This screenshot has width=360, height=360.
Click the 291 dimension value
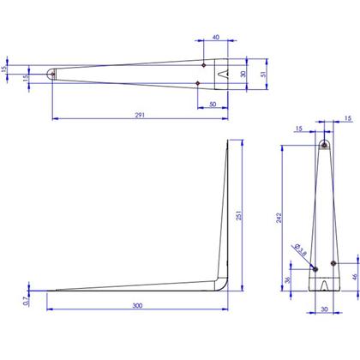[140, 115]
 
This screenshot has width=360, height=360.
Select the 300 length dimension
[137, 306]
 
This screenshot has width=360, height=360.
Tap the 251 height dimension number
[239, 215]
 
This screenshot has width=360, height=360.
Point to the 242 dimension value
[279, 218]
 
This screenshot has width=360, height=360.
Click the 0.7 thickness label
[26, 301]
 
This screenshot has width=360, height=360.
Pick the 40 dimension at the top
[216, 37]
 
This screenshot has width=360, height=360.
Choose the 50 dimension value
[213, 105]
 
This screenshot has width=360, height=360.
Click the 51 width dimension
[263, 74]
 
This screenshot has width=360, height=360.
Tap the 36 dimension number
[287, 279]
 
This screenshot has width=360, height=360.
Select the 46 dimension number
[355, 277]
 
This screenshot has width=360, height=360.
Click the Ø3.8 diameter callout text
[301, 249]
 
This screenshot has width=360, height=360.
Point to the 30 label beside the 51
[243, 74]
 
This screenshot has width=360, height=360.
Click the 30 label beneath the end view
[324, 309]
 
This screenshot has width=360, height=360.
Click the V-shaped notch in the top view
[223, 74]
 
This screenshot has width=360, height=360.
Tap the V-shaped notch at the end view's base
[324, 286]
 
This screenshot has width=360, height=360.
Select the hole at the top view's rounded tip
[53, 74]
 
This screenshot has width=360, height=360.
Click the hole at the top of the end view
[324, 145]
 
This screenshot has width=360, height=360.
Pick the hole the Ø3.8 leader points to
[315, 269]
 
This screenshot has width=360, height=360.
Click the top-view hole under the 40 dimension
[204, 65]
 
